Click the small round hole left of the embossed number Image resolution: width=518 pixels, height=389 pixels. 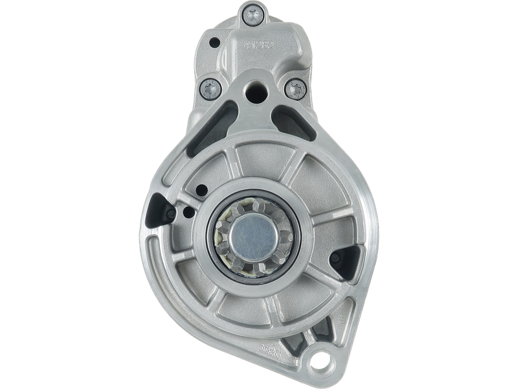pyautogui.click(x=214, y=41)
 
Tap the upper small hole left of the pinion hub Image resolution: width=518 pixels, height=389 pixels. pyautogui.click(x=201, y=189)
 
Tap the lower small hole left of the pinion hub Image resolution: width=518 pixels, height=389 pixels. pyautogui.click(x=188, y=211)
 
